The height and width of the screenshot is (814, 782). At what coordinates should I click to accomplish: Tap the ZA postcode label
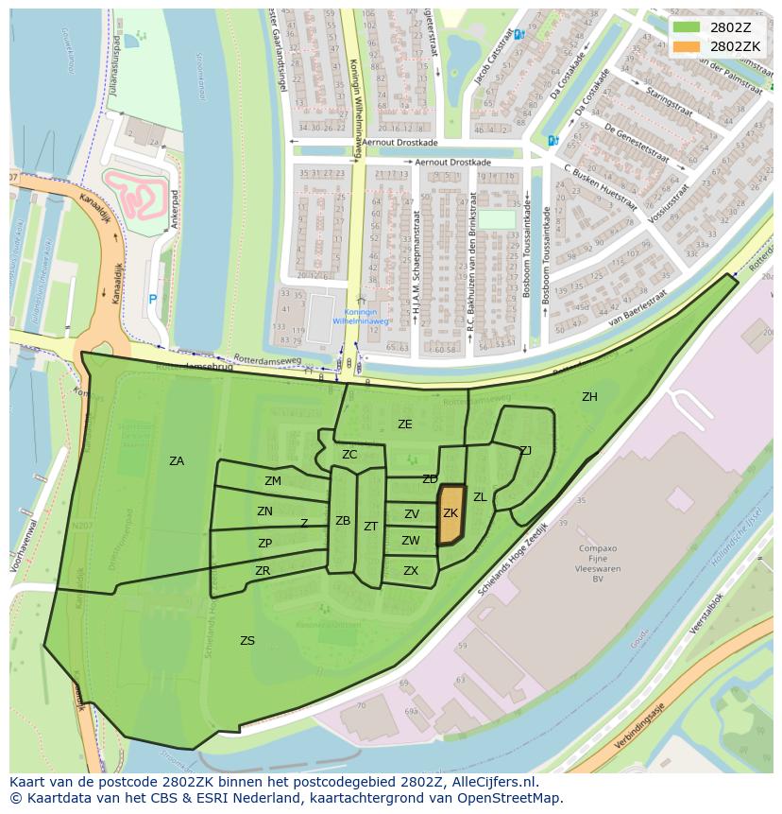[x=177, y=461]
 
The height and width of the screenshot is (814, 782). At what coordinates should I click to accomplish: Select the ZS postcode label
[x=247, y=641]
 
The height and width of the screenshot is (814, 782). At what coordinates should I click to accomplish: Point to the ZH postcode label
[x=589, y=397]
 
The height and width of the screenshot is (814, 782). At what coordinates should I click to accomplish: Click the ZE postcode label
[x=404, y=424]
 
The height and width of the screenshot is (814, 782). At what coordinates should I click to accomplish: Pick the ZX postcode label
[x=411, y=571]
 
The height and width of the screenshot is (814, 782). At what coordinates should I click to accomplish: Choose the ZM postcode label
[x=273, y=481]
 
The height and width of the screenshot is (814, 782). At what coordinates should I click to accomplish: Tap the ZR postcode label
[x=263, y=571]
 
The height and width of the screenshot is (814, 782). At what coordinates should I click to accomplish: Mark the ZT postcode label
[x=370, y=527]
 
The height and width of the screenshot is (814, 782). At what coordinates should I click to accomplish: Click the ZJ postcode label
[x=525, y=451]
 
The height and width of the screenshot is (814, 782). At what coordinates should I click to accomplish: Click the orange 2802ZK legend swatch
[x=688, y=46]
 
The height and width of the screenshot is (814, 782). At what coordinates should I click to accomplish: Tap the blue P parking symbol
[x=152, y=300]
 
